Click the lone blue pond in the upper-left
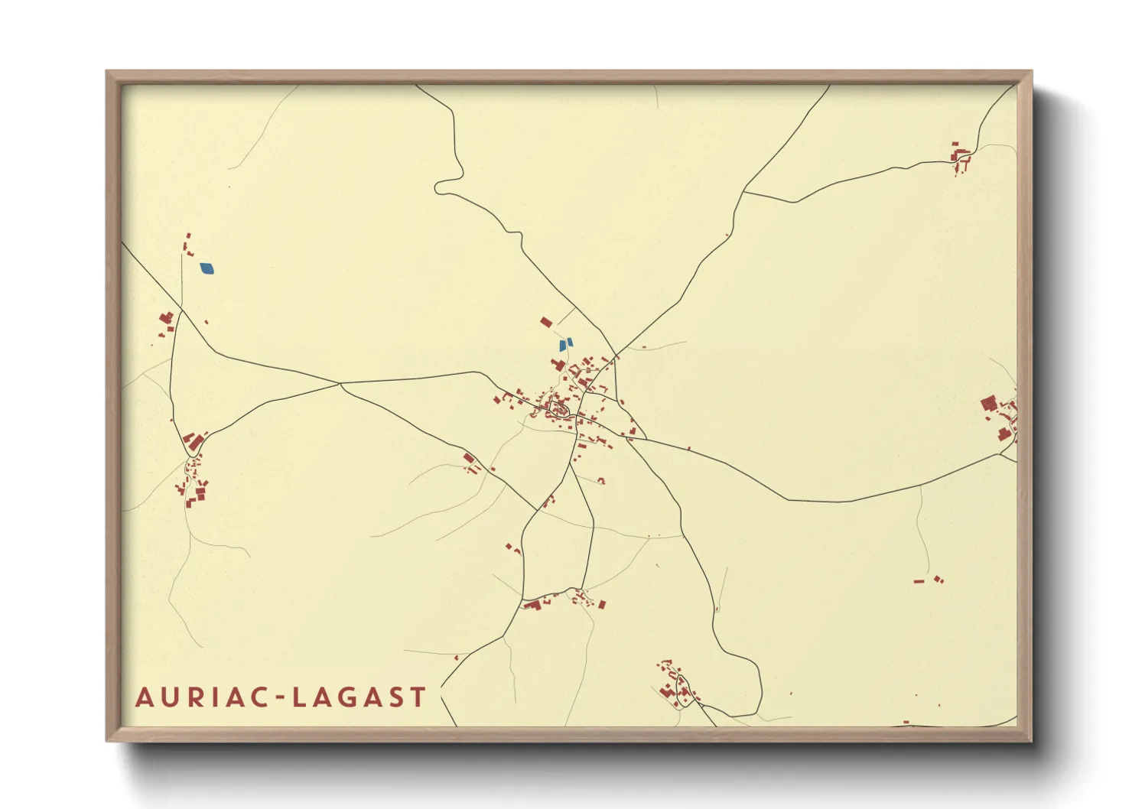click(207, 268)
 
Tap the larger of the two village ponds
click(563, 346)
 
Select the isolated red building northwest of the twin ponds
click(546, 323)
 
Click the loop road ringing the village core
click(558, 409)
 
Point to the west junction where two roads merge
click(340, 384)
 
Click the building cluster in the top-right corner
click(960, 158)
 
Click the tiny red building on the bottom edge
click(906, 722)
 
